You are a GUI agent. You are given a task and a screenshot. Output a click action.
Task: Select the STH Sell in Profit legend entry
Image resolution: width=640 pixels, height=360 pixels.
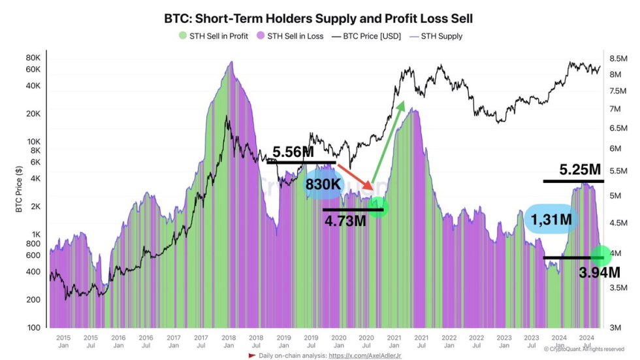(210, 36)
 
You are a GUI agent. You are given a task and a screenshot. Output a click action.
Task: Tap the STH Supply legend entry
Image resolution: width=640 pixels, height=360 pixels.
(440, 36)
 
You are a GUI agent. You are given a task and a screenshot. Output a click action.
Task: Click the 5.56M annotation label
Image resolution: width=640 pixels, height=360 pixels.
(295, 152)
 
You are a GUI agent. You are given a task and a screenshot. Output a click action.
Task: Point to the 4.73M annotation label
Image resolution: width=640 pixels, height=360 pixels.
(346, 221)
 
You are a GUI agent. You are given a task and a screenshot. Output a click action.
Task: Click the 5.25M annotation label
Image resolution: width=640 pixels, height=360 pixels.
(580, 170)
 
